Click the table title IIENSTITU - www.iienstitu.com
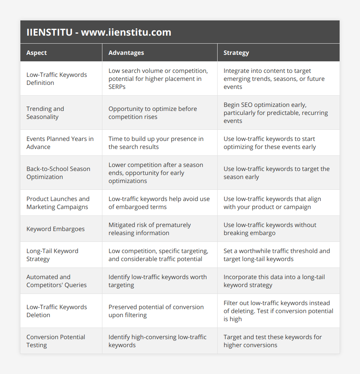(99, 32)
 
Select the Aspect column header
(37, 53)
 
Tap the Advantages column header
(126, 53)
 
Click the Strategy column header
(236, 53)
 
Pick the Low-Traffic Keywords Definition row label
(56, 78)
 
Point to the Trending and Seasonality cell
(45, 113)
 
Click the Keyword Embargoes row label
(56, 229)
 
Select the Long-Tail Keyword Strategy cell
(52, 255)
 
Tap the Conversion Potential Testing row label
(56, 341)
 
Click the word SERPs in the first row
(117, 86)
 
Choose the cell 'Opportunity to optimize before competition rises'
(152, 113)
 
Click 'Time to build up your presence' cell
(156, 143)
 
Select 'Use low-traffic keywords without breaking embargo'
(270, 229)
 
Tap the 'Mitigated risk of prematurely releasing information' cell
(149, 229)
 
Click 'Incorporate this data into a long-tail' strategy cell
(274, 281)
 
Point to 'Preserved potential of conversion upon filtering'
(156, 311)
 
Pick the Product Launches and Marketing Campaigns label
(58, 203)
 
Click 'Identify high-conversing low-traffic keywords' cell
(157, 341)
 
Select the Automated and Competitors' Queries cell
(56, 281)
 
